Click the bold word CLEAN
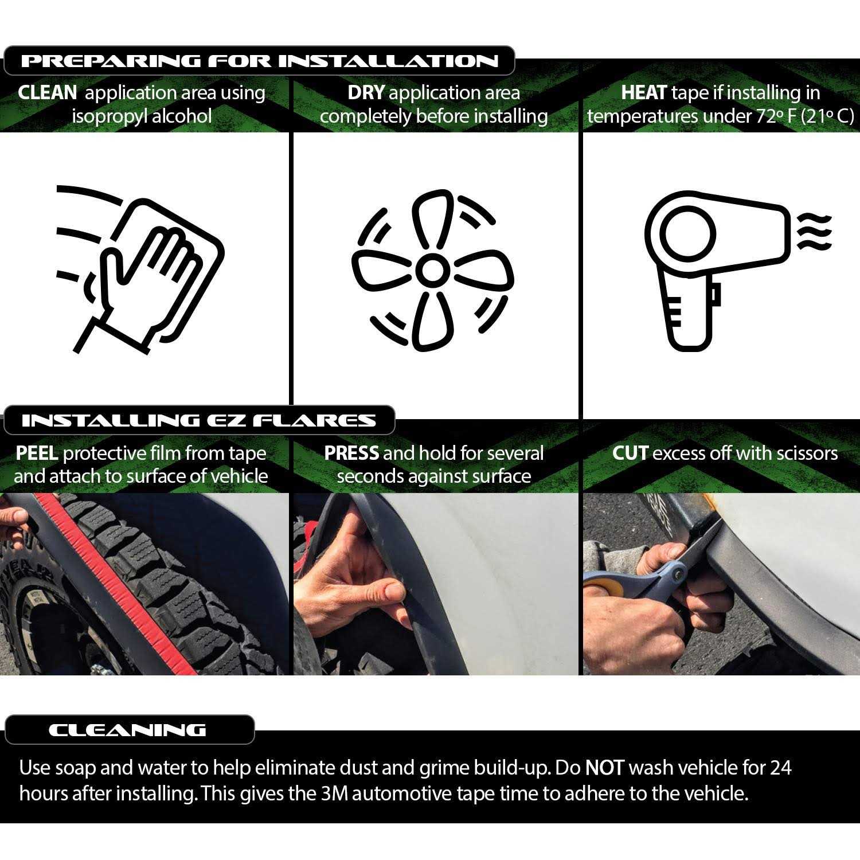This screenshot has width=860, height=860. pos(47,93)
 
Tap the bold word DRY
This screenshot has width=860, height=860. pos(365,93)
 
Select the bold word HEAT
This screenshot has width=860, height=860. pos(643,93)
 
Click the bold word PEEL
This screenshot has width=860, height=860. pos(37,454)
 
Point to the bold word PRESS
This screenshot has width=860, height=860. pos(351,454)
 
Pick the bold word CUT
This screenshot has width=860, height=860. pos(630,454)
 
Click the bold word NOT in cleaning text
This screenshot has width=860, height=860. pos(604,768)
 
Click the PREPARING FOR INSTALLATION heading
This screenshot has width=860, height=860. pos(259,61)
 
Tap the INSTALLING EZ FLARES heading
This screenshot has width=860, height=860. pos(198,421)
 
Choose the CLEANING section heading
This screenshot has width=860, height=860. pos(127,730)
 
